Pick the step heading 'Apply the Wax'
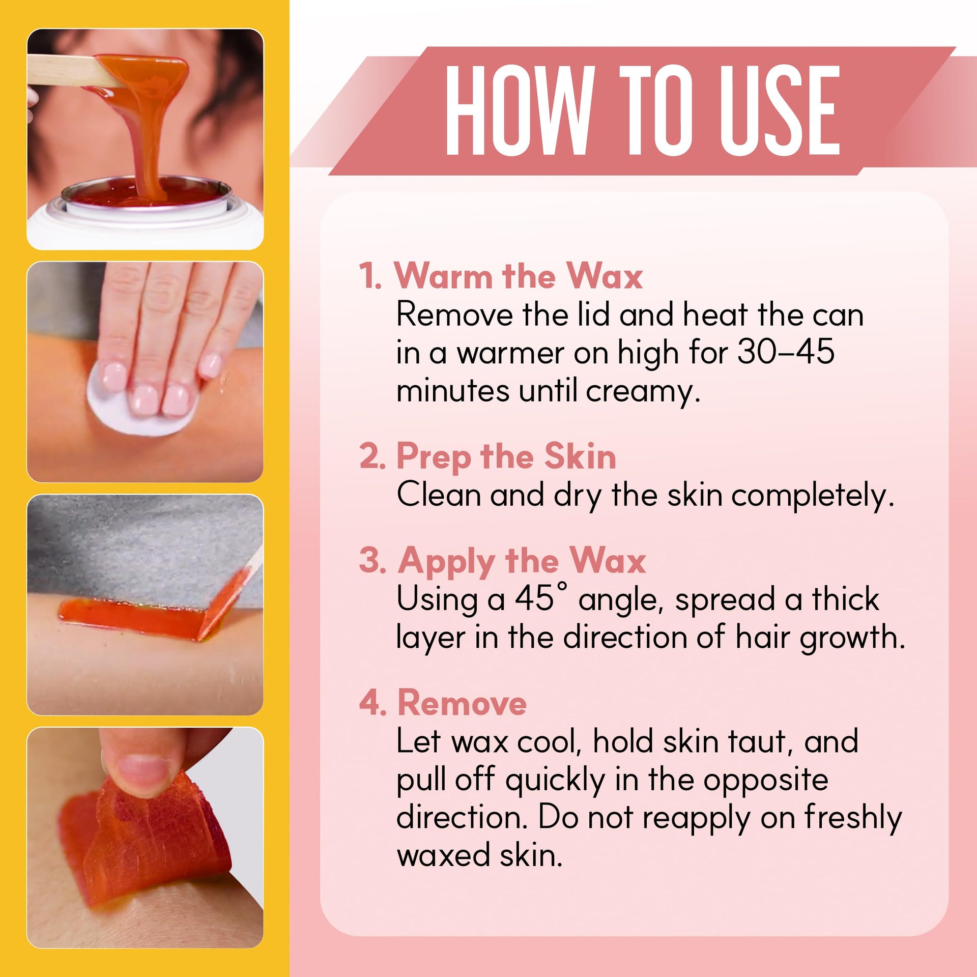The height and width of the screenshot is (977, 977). pos(522,561)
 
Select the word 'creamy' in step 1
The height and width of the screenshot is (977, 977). pos(643,392)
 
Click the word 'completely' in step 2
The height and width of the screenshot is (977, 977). pos(812,496)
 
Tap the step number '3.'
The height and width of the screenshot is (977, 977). pos(372,560)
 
